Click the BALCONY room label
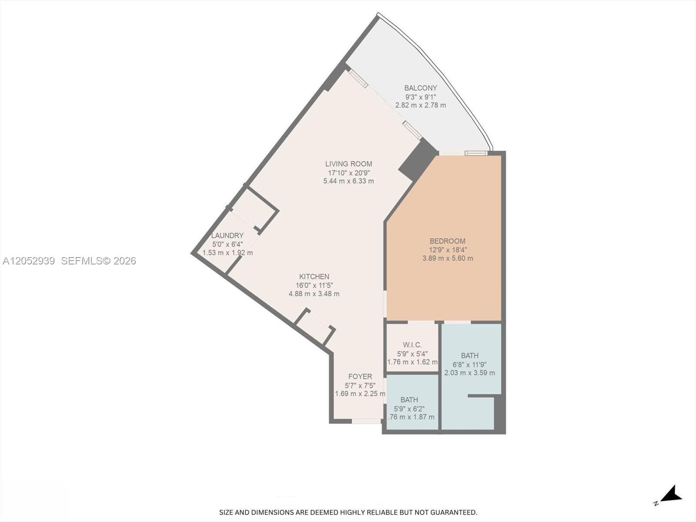[421, 88]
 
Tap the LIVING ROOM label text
[348, 164]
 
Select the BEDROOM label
[448, 241]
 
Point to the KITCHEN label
[314, 276]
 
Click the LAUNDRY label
[228, 235]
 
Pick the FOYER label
[360, 377]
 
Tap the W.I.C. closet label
[412, 345]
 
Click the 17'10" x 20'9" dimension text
[349, 173]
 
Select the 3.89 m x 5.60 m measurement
[448, 258]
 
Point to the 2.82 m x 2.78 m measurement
[421, 105]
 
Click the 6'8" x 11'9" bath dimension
[470, 365]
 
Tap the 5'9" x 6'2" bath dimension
[409, 409]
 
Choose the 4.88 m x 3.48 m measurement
[314, 294]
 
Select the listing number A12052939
[29, 261]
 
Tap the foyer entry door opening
[366, 421]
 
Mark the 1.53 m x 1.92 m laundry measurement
[228, 253]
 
